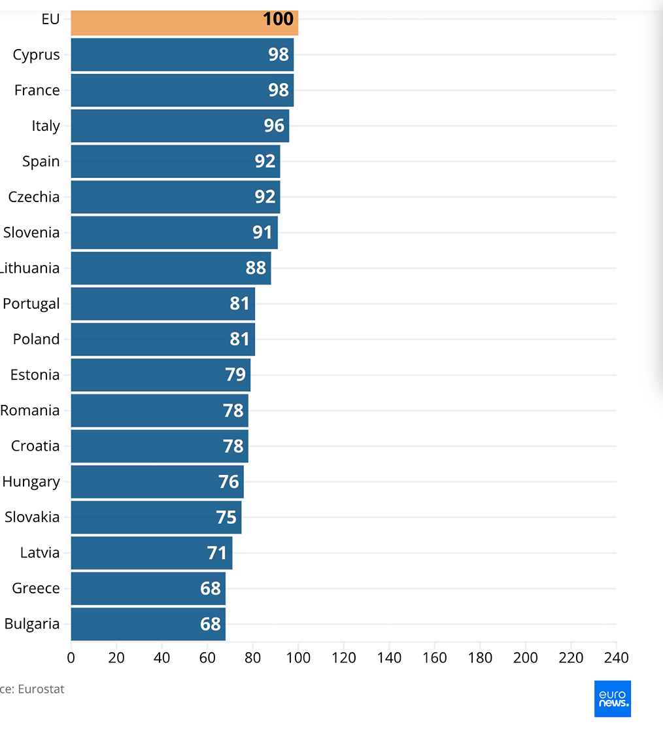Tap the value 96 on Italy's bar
point(275,126)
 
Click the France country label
point(37,90)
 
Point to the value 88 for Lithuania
point(256,268)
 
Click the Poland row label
point(36,339)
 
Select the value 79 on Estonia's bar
point(235,375)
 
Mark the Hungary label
point(31,481)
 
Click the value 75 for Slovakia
point(226,517)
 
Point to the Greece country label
point(35,588)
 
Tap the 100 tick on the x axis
point(298,657)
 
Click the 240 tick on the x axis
point(616,657)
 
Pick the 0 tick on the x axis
point(71,657)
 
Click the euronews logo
point(613,699)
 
